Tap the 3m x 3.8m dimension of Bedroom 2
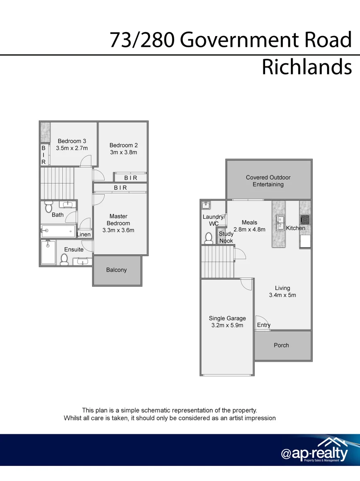(x=123, y=152)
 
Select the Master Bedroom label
(x=119, y=220)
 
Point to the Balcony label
(x=117, y=270)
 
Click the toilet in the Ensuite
(x=64, y=260)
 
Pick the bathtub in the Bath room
(x=58, y=230)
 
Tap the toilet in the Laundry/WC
(x=209, y=238)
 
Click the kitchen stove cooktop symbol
(x=305, y=220)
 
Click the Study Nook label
(x=226, y=237)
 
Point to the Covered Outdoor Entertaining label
(x=268, y=181)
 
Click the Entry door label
(x=264, y=325)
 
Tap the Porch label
(x=282, y=345)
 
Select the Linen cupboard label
(x=84, y=234)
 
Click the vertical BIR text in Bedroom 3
(x=44, y=155)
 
